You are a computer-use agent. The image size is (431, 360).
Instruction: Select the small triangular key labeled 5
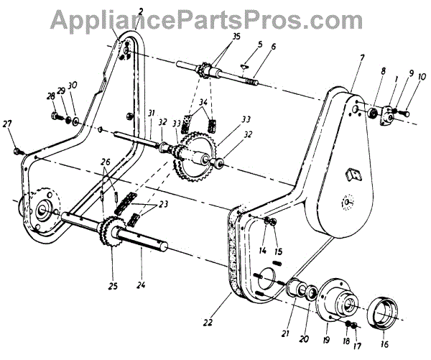click(x=245, y=62)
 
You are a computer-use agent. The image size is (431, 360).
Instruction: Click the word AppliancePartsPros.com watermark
click(x=215, y=17)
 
